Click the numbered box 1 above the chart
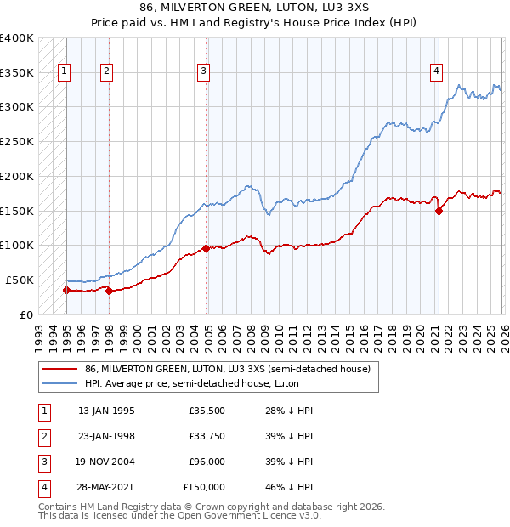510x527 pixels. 65,72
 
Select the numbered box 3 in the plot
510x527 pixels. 204,72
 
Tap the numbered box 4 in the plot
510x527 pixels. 436,72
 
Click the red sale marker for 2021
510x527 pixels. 439,212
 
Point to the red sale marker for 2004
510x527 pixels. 207,249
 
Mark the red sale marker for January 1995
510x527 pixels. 66,291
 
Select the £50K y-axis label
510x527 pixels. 20,280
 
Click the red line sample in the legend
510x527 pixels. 59,370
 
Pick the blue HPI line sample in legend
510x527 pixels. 59,384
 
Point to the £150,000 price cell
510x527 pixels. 204,487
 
